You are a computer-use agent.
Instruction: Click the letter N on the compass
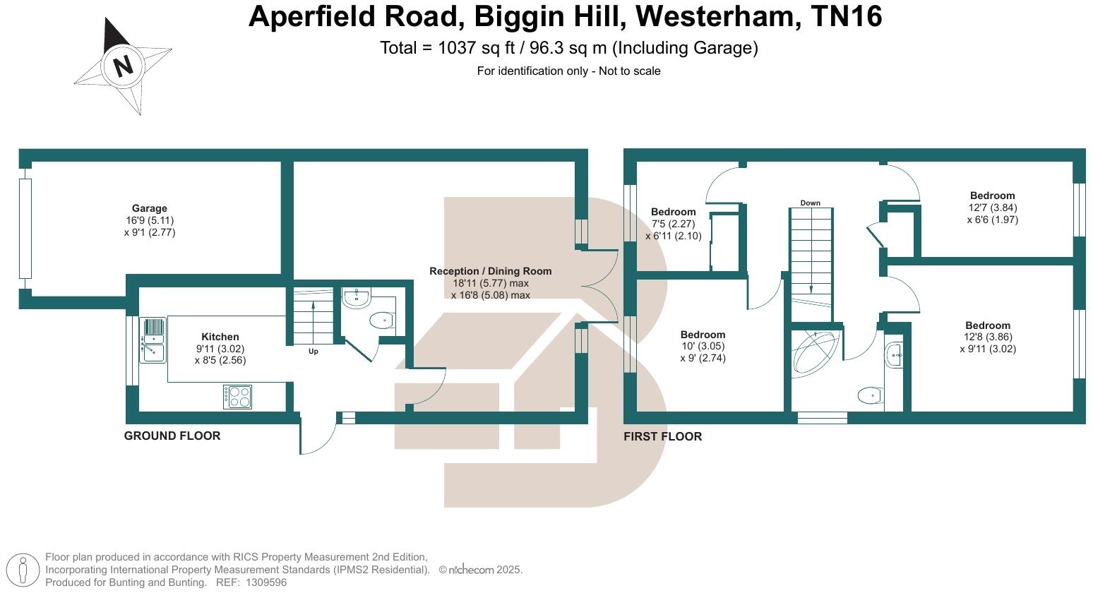(124, 66)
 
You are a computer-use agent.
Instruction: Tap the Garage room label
(150, 208)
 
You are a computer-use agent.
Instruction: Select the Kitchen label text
(220, 337)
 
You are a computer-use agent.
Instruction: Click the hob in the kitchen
(237, 397)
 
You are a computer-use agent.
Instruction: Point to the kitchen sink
(153, 340)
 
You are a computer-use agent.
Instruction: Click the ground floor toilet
(381, 321)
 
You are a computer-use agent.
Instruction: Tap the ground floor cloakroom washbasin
(357, 297)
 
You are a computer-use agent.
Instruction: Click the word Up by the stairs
(313, 352)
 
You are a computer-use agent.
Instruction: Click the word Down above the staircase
(810, 203)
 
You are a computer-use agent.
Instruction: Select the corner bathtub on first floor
(816, 351)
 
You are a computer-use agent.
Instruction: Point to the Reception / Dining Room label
(490, 271)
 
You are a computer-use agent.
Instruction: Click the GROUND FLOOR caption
(172, 436)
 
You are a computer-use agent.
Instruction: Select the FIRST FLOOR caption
(662, 437)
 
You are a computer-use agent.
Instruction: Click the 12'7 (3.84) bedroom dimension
(992, 208)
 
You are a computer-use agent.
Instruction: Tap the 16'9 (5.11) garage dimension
(150, 220)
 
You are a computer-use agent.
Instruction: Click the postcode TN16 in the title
(847, 17)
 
